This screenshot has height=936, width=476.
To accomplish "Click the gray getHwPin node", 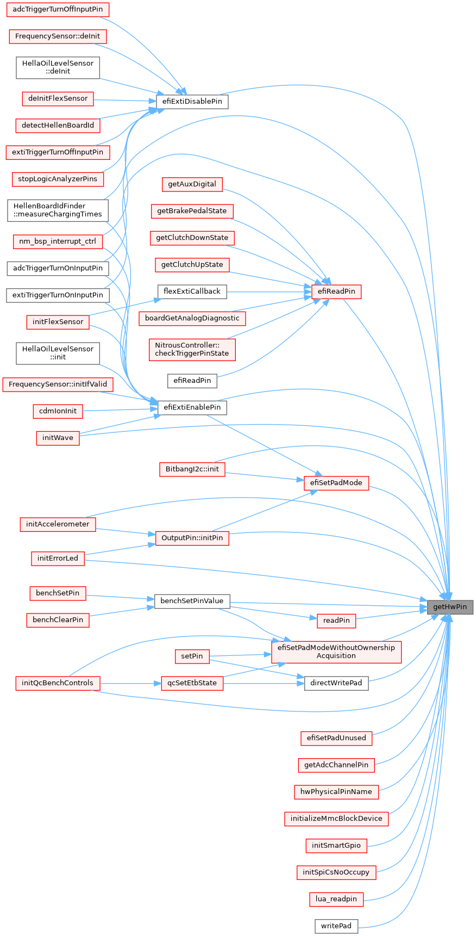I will click(450, 607).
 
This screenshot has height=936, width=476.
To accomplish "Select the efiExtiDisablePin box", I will click(192, 102).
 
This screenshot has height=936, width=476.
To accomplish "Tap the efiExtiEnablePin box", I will click(192, 407).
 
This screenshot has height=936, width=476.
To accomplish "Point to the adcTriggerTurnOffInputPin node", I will click(58, 10).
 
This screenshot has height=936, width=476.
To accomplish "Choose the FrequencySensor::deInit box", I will click(58, 36).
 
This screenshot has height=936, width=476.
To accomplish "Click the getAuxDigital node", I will click(192, 184).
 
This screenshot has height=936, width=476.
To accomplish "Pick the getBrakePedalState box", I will click(192, 211).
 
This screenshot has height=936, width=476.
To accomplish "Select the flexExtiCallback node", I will click(192, 292).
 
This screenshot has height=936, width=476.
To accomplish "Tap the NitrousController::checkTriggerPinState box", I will click(192, 349).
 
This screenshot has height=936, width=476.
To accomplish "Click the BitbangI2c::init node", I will click(192, 469).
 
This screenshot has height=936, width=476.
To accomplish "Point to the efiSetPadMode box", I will click(336, 483).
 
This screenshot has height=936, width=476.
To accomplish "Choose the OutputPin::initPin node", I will click(192, 538).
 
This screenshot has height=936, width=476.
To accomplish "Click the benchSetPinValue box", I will click(192, 601).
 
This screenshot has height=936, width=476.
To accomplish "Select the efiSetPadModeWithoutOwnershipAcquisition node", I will click(336, 652).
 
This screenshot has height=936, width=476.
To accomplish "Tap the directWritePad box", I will click(336, 683).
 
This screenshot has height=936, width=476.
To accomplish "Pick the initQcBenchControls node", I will click(58, 683).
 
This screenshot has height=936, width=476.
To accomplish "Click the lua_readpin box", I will click(336, 899).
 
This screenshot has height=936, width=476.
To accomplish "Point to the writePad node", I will click(336, 926).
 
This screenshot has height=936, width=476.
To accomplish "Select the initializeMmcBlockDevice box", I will click(336, 819).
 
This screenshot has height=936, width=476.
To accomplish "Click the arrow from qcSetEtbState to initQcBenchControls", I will click(130, 683).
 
